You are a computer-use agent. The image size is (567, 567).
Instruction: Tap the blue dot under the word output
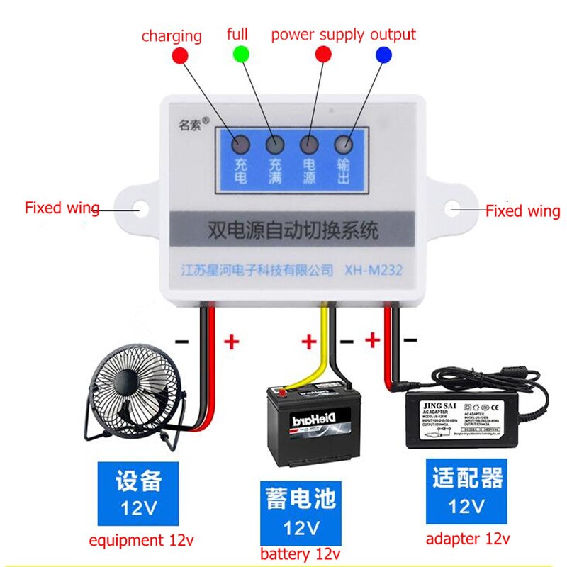[383, 53]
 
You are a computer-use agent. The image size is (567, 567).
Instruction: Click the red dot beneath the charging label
[179, 55]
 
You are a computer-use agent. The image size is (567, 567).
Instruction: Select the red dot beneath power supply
[323, 53]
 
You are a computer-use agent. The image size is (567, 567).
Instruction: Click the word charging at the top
[172, 35]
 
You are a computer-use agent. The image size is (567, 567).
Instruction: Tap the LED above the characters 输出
[343, 143]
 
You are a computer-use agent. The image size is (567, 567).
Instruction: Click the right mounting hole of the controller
[454, 209]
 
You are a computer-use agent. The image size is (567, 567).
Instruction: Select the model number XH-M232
[374, 270]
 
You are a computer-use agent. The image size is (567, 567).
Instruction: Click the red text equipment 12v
[141, 540]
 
